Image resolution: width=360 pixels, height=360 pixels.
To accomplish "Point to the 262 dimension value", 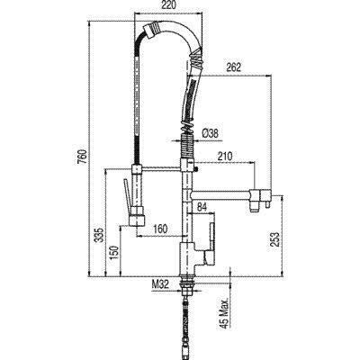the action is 233,67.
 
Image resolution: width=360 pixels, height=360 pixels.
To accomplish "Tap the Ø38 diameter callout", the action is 210,133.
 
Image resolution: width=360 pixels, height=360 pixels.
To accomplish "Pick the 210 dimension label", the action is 224,156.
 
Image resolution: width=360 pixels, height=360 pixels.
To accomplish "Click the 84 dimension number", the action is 202,207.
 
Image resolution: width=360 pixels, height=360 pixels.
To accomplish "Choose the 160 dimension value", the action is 160,229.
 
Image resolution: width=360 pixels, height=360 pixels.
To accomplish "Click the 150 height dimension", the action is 115,253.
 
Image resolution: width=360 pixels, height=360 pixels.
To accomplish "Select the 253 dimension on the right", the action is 274,239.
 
